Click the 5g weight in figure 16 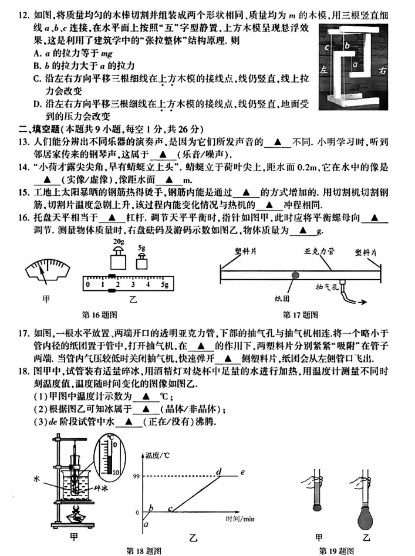143,262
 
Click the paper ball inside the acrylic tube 295,274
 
